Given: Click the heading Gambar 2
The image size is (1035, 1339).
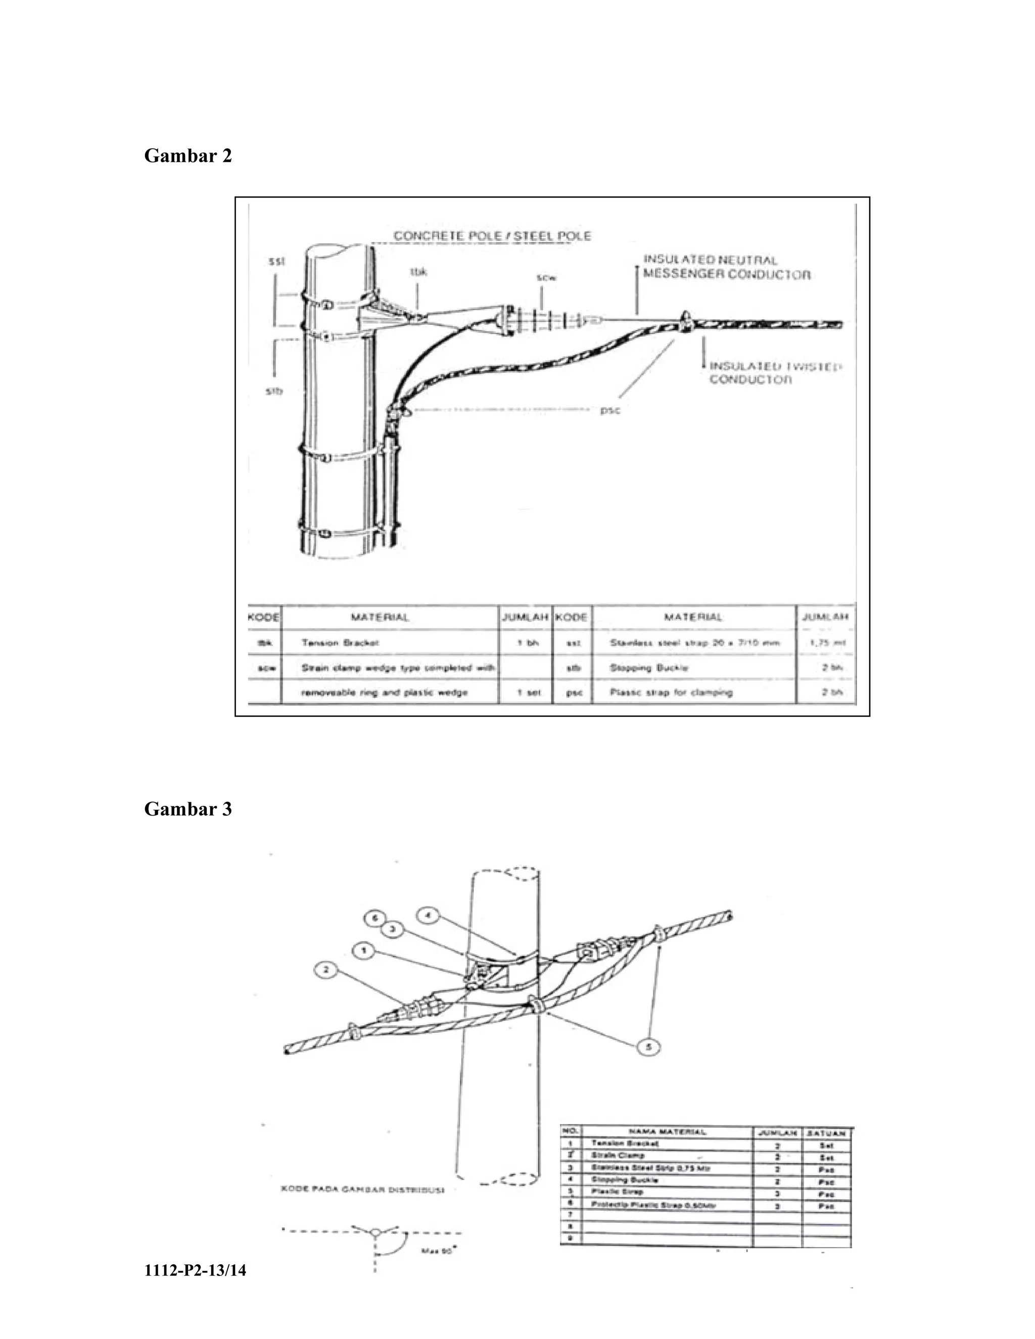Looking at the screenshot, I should tap(187, 156).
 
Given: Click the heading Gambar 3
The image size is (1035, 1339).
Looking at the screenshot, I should tap(187, 809).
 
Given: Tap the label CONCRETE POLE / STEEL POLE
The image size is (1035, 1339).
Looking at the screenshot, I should tap(492, 236).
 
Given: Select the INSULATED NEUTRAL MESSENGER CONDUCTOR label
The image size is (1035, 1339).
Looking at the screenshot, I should tap(726, 267).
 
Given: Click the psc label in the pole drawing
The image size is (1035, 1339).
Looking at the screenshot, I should tap(610, 410).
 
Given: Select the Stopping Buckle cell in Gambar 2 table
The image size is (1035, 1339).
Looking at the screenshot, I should tap(649, 667).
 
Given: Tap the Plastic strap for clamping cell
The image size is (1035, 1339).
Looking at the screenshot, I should tap(671, 693).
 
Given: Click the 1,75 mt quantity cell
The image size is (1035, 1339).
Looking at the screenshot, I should tap(828, 643).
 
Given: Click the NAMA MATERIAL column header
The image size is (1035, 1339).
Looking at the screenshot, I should tap(667, 1132).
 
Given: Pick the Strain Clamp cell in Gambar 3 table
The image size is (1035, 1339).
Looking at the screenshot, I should tap(618, 1155).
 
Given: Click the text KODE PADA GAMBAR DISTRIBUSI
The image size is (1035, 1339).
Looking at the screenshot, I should tap(362, 1190).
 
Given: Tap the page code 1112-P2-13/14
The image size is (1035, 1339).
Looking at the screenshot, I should tap(195, 1270).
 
